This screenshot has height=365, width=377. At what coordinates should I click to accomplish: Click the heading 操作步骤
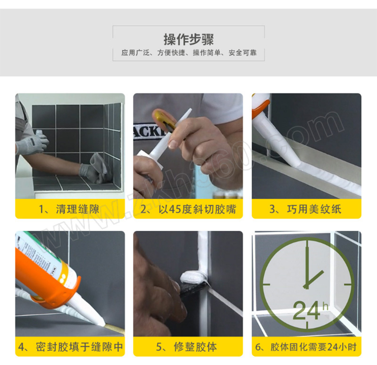point(189,40)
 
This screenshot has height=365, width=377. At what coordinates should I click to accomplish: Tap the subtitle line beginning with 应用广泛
point(189,53)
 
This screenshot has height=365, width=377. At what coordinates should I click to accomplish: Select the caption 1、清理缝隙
point(69,209)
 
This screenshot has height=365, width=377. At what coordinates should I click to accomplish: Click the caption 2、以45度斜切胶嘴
point(188,209)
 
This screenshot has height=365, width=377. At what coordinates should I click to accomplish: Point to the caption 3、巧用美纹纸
point(305,209)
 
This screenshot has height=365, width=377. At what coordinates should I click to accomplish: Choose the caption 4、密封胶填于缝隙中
point(70,347)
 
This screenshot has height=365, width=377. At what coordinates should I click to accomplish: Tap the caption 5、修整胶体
point(187,347)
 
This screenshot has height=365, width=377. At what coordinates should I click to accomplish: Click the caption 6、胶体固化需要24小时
point(306,347)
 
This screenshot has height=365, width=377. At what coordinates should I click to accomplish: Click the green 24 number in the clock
point(307,310)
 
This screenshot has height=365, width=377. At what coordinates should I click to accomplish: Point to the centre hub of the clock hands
point(306,286)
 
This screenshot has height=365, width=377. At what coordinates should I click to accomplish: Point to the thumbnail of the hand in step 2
point(173,144)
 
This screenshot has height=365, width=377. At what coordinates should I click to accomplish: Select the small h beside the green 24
point(325,306)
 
